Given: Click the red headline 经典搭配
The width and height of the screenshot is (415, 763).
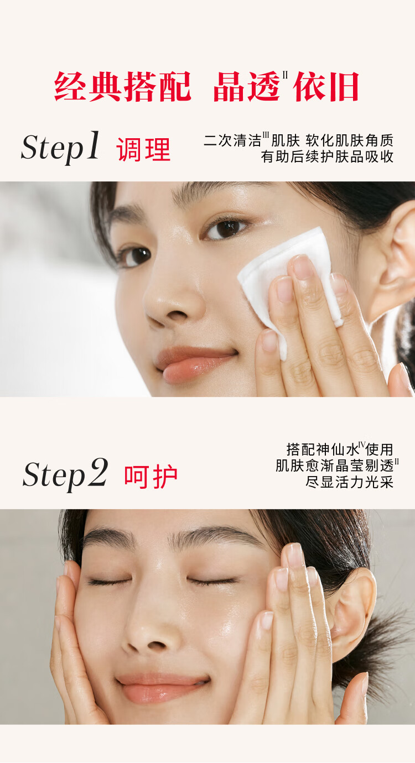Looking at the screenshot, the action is (x=123, y=86).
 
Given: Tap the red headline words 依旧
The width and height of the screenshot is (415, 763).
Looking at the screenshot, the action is (x=326, y=86).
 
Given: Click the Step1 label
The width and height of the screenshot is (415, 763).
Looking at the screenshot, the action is (x=60, y=148).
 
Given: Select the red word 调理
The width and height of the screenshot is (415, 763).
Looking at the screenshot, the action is (x=143, y=149).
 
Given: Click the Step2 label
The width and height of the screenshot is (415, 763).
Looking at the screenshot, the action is (x=65, y=474).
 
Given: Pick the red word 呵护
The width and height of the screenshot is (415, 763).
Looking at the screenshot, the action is (x=151, y=476).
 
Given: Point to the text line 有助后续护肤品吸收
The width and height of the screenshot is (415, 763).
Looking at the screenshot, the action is (x=327, y=156).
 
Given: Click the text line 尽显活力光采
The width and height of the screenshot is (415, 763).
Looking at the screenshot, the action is (x=349, y=482).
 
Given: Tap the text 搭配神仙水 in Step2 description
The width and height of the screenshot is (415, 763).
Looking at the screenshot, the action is (x=323, y=450).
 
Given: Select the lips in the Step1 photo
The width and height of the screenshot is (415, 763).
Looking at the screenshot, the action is (x=195, y=364).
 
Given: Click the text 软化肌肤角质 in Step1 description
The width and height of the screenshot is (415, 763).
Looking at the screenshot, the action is (x=350, y=140).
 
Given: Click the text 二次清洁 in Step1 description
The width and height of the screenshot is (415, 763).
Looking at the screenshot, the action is (x=232, y=140).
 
